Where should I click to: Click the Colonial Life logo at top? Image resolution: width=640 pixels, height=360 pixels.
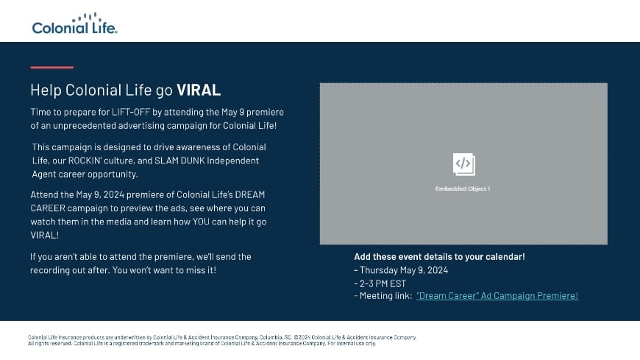[x=74, y=24]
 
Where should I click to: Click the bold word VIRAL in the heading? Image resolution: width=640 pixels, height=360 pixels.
[x=199, y=91]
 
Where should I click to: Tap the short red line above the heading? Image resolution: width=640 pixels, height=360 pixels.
[x=51, y=68]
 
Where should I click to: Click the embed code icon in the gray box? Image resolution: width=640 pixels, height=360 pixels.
[x=463, y=163]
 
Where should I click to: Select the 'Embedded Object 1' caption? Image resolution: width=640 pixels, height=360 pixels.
[x=463, y=188]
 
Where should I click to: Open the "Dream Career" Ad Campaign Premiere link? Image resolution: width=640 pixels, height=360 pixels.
[x=497, y=296]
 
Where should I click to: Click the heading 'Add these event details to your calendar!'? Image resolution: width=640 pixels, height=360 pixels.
[x=439, y=257]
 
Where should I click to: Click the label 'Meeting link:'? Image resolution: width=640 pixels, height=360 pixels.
[x=385, y=296]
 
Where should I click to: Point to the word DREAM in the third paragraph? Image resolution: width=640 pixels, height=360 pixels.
[x=250, y=194]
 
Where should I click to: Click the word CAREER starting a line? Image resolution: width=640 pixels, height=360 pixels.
[x=49, y=208]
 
